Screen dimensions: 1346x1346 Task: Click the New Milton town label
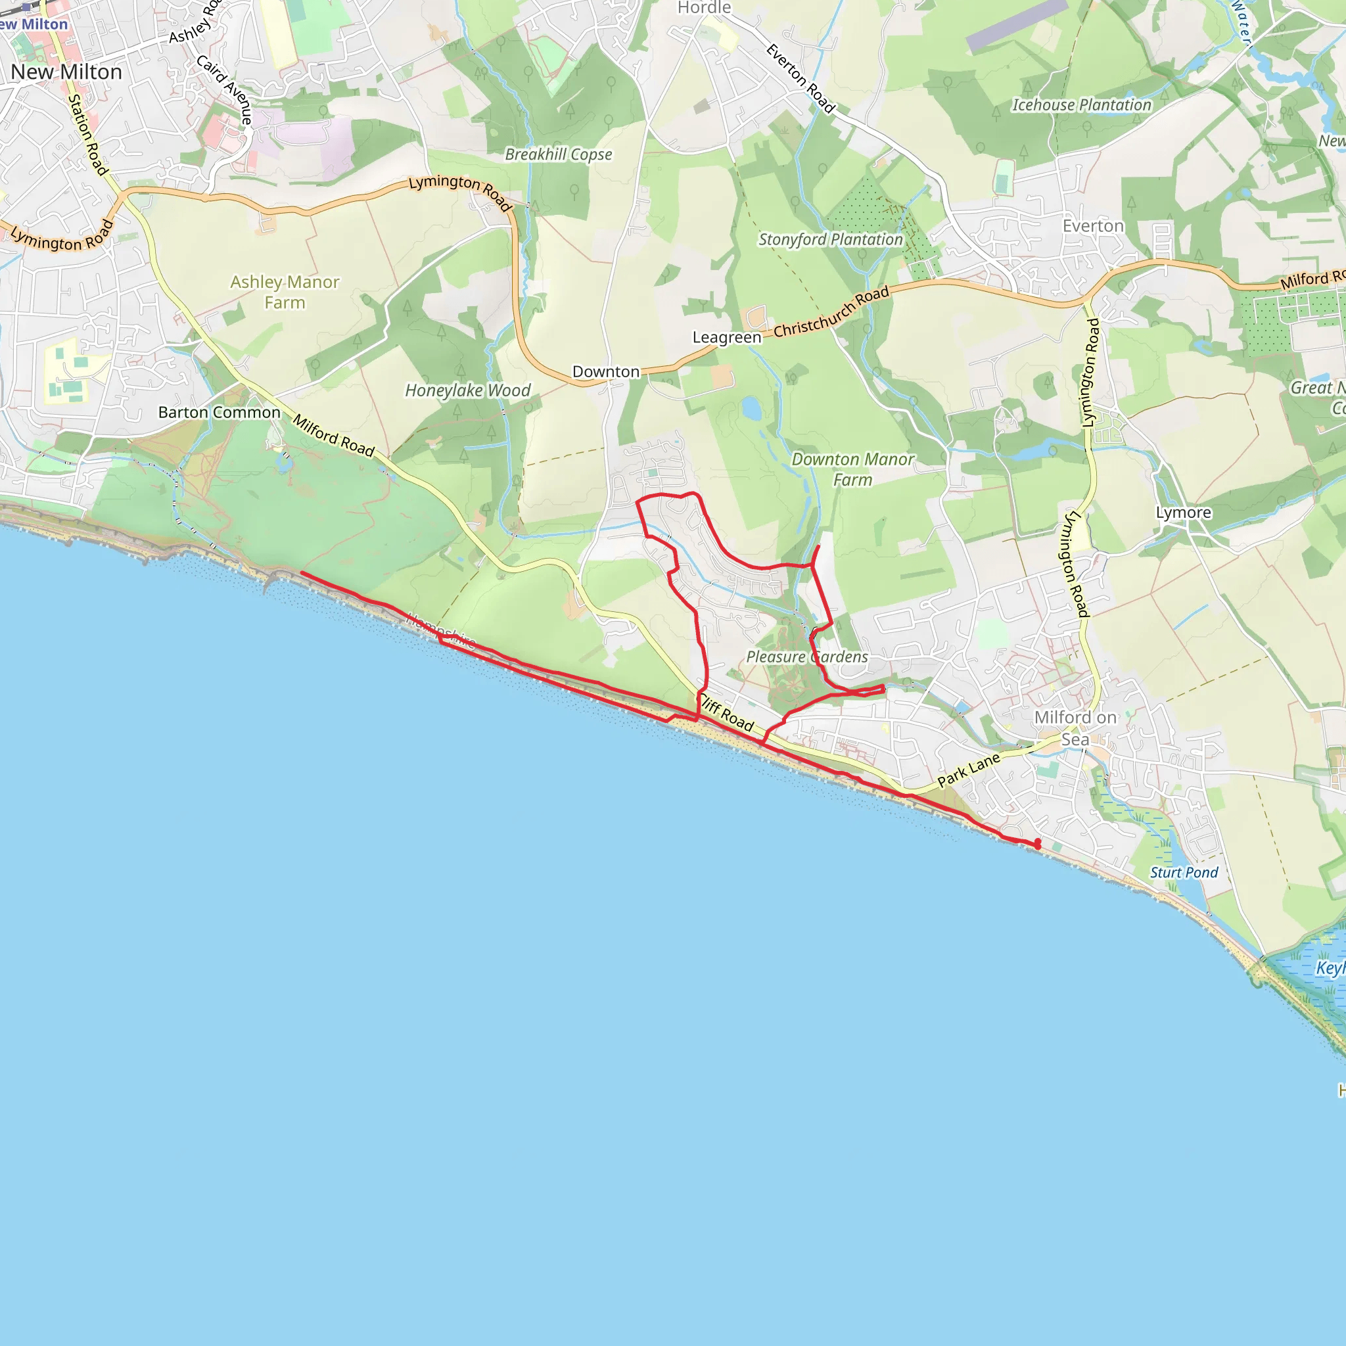66,72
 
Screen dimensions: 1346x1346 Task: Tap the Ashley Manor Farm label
285,292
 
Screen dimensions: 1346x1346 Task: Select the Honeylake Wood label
467,390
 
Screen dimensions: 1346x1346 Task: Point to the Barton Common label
219,413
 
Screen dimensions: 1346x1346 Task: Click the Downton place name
605,372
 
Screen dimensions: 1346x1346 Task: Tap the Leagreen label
727,337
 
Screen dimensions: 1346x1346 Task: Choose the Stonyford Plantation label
830,240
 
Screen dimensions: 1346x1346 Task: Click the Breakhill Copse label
558,154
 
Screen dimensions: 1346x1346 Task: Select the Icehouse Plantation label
1081,105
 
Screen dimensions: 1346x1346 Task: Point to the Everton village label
1092,227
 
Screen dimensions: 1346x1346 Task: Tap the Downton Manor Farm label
852,469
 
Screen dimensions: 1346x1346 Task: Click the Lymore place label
1183,513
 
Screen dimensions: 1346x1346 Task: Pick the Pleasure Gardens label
807,657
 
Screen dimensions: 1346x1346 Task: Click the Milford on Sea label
1075,728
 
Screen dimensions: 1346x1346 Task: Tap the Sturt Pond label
1184,872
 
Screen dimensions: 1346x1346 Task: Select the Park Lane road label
968,770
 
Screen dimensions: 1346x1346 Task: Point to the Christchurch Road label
831,312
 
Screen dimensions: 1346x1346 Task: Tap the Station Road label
88,135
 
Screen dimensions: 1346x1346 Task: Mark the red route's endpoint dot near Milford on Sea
1037,844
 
